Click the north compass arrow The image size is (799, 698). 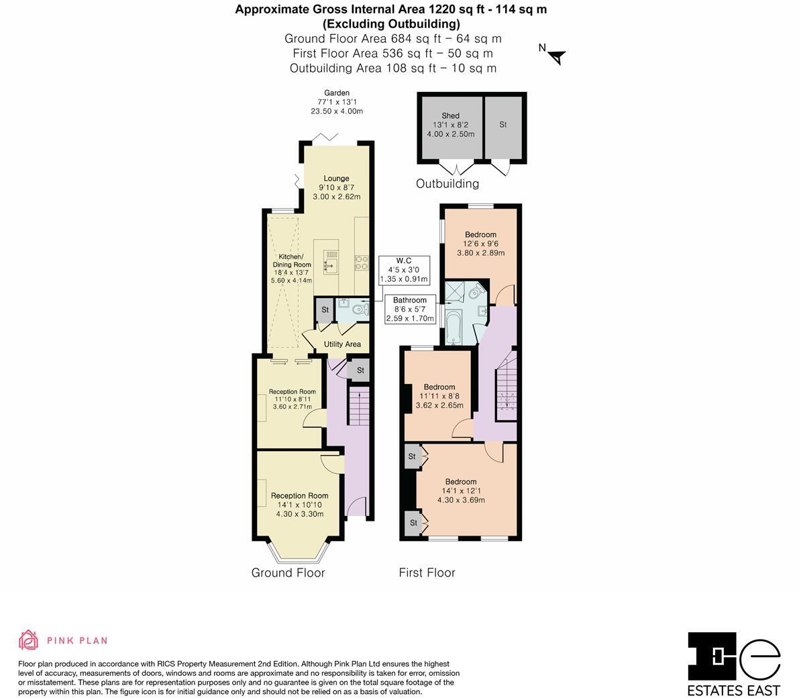[x=556, y=57]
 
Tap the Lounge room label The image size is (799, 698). [x=336, y=179]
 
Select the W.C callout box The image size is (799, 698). [x=403, y=270]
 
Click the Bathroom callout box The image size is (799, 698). [x=409, y=309]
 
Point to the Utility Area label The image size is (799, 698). [x=342, y=344]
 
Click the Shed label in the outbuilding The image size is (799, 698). [x=450, y=116]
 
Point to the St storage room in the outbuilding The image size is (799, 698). [x=502, y=125]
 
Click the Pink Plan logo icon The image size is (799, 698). [x=28, y=640]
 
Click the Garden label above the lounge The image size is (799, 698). [x=337, y=93]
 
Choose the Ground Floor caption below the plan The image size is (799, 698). [x=288, y=572]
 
